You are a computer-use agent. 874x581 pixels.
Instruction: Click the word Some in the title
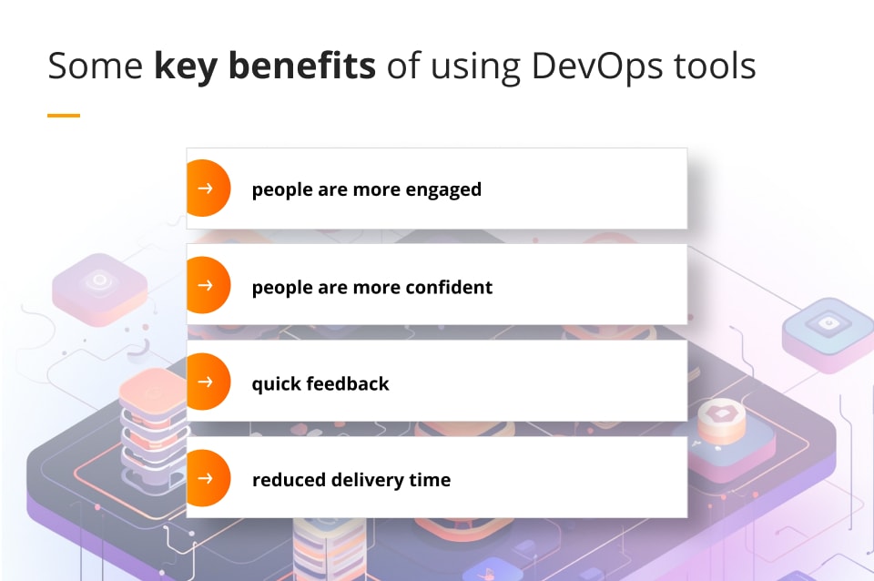pyautogui.click(x=95, y=66)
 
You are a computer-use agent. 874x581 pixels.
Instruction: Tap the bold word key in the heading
pyautogui.click(x=185, y=66)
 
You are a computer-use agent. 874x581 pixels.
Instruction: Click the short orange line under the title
pyautogui.click(x=63, y=116)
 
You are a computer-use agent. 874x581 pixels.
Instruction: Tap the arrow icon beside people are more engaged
pyautogui.click(x=206, y=189)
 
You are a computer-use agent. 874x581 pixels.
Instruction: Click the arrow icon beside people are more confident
pyautogui.click(x=206, y=285)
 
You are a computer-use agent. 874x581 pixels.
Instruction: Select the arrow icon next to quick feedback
pyautogui.click(x=206, y=382)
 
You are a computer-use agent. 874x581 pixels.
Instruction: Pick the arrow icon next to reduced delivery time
pyautogui.click(x=206, y=478)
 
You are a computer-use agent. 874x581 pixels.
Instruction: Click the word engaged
pyautogui.click(x=445, y=190)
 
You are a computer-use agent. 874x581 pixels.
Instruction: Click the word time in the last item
pyautogui.click(x=429, y=479)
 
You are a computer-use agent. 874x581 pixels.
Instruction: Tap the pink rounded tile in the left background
pyautogui.click(x=99, y=289)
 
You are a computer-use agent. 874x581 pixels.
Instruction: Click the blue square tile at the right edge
pyautogui.click(x=827, y=331)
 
